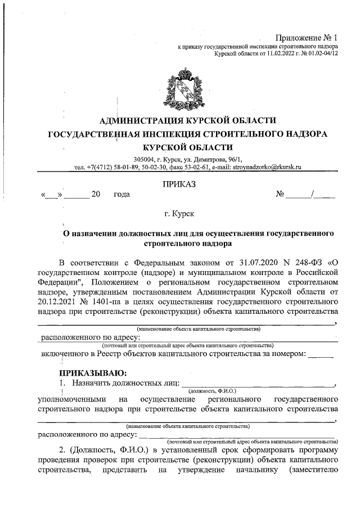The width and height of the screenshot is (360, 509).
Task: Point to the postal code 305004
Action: (146, 159)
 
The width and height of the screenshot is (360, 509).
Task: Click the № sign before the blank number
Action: (280, 195)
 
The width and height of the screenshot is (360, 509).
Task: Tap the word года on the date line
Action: (121, 195)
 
